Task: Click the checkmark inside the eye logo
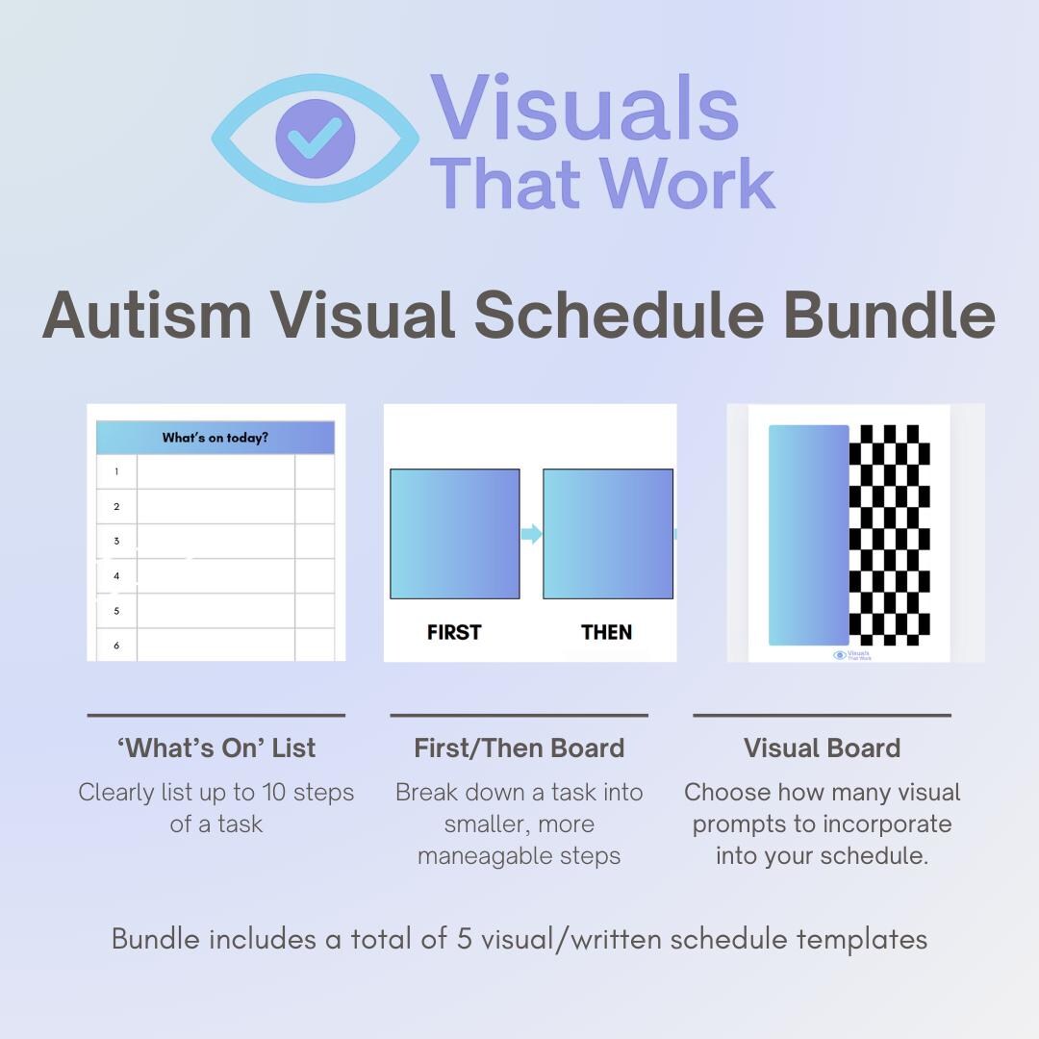tap(315, 139)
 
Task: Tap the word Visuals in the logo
tap(584, 108)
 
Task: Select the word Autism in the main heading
tap(146, 315)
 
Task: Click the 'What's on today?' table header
tap(215, 438)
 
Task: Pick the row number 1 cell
tap(116, 471)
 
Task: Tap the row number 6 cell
tap(116, 645)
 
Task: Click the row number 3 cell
tap(116, 541)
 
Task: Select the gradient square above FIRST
tap(454, 534)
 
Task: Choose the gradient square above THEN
tap(608, 534)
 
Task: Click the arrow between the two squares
tap(531, 534)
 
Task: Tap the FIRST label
tap(454, 632)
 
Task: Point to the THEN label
tap(607, 632)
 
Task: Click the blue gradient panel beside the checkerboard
tap(808, 535)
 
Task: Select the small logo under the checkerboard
tap(851, 655)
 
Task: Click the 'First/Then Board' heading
tap(519, 748)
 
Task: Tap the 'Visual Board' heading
tap(822, 748)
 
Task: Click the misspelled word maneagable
tap(519, 855)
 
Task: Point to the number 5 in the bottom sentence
tap(464, 939)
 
